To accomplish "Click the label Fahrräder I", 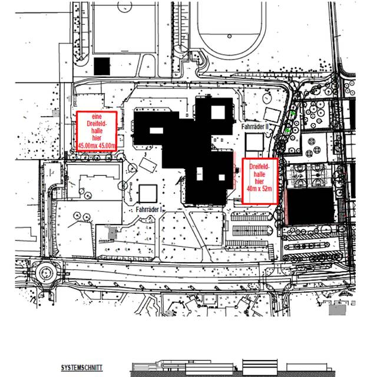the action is click(149, 210).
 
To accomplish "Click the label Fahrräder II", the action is click(255, 127).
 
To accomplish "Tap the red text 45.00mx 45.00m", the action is click(97, 145).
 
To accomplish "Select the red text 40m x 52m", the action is click(259, 188).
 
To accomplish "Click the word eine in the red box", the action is click(97, 117).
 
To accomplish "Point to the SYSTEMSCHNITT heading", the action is click(82, 368).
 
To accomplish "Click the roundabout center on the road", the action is click(46, 273).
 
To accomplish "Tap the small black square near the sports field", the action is click(102, 67).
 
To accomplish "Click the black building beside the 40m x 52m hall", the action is click(310, 206).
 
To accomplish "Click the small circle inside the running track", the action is click(229, 37).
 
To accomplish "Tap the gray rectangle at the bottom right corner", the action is click(338, 310).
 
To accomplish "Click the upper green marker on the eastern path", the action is click(293, 113).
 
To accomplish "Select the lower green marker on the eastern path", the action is click(287, 130).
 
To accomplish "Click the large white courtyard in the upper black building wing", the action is click(218, 113).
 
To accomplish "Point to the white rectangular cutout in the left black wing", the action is click(156, 131).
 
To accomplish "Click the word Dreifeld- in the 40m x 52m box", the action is click(260, 167).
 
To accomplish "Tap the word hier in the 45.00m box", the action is click(97, 138).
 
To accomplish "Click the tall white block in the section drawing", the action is click(260, 366).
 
